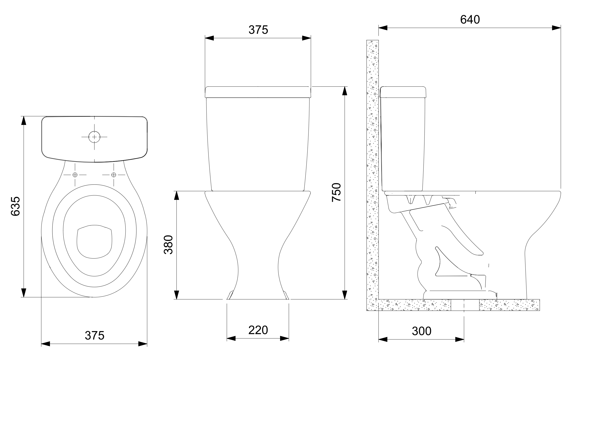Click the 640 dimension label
[470, 20]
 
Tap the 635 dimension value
[16, 206]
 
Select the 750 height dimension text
[336, 192]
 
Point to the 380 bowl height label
[168, 245]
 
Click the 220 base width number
[258, 330]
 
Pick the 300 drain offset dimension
[421, 331]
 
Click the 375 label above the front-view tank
[258, 30]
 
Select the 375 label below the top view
[94, 335]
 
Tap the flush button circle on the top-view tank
[94, 137]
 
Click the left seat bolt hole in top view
[75, 175]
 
